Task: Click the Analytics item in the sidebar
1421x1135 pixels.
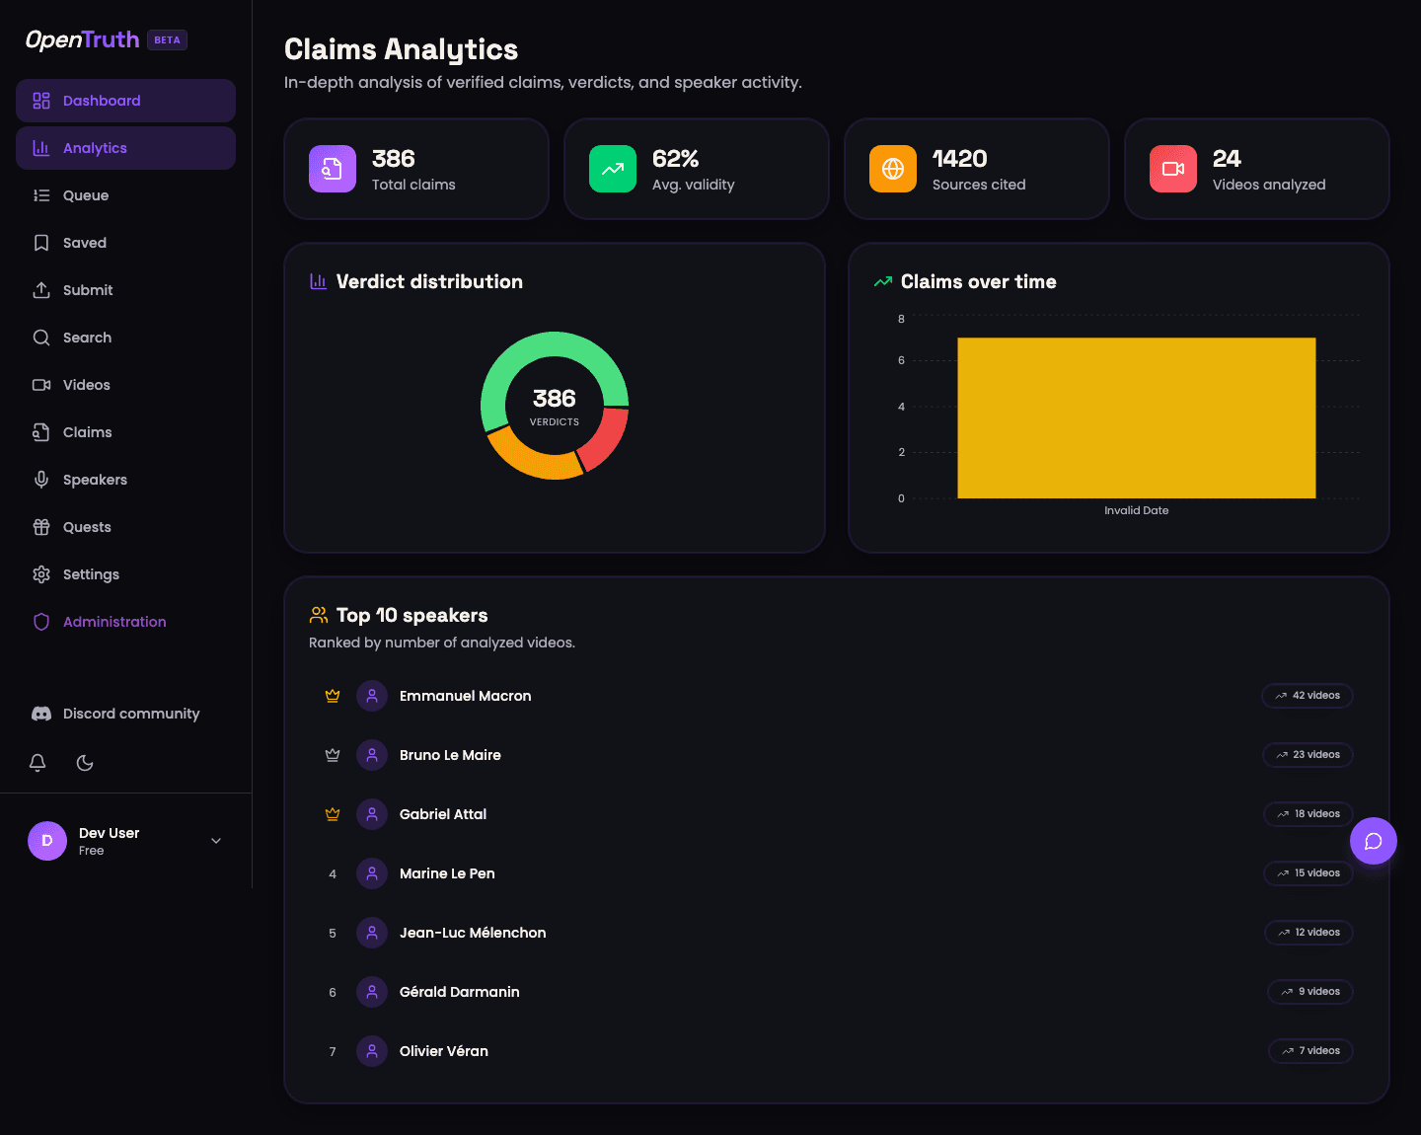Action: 95,148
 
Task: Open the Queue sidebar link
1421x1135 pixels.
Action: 86,195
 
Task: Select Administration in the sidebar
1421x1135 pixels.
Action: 114,622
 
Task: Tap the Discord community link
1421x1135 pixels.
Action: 130,714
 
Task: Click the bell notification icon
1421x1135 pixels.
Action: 37,763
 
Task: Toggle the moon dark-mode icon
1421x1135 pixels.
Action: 85,763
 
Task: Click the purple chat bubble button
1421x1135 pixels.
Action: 1373,841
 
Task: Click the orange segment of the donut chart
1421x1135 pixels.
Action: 532,458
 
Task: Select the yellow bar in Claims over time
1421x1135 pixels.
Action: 1136,417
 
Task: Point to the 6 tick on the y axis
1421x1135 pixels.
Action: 901,360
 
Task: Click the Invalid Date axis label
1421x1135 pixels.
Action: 1136,510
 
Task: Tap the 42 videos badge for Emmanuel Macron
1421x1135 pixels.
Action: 1307,696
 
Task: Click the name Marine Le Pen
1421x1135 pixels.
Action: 447,873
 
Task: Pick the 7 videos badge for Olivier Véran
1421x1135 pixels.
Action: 1310,1051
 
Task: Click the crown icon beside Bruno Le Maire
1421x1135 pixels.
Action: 333,755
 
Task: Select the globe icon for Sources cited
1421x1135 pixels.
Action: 893,169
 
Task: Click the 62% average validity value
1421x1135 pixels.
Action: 675,159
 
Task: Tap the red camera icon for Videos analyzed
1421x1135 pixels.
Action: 1173,169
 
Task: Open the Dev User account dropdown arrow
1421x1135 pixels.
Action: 216,841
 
